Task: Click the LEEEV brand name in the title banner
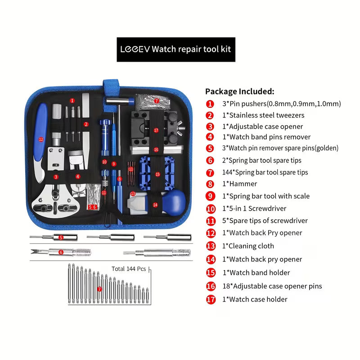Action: click(x=135, y=49)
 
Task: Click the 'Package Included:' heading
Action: click(x=239, y=91)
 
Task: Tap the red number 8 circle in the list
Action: click(x=210, y=184)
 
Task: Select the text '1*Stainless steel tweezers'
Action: click(x=263, y=115)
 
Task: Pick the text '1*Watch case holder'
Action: click(x=255, y=299)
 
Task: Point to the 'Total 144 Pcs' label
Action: click(x=129, y=269)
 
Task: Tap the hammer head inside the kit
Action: click(x=111, y=100)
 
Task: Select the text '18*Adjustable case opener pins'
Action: click(x=272, y=286)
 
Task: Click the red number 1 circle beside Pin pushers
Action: click(x=210, y=103)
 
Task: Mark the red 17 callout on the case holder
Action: click(x=156, y=130)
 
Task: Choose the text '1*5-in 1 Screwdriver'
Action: click(x=254, y=208)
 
